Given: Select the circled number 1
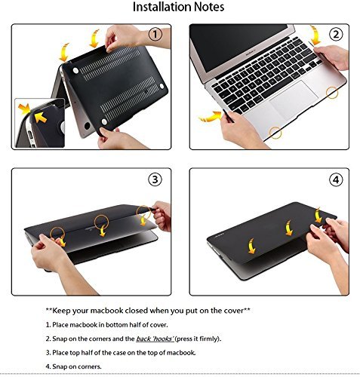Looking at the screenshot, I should [x=154, y=35].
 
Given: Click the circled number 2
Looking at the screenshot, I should [x=336, y=35].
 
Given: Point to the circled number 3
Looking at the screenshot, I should [x=154, y=179].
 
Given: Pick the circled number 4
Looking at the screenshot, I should [x=336, y=179].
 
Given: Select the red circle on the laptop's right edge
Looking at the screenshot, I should [x=331, y=92].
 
